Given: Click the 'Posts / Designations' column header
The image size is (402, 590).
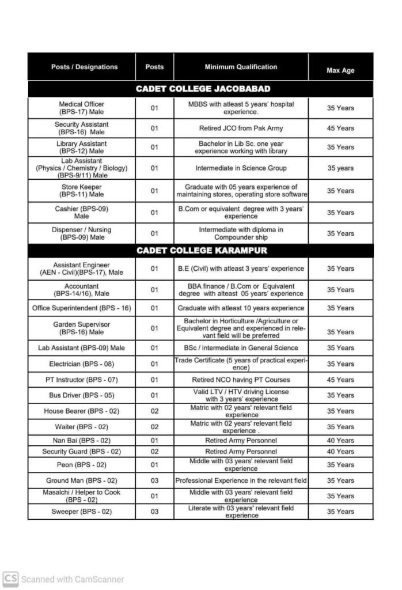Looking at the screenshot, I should (84, 67).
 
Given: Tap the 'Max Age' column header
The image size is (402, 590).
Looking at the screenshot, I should (340, 70).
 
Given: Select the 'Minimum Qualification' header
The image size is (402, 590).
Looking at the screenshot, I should (241, 67).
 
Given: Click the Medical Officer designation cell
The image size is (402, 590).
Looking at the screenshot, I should (82, 108).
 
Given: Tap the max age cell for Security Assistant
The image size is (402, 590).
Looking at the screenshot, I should (340, 128).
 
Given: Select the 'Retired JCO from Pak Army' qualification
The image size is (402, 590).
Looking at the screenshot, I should (241, 128).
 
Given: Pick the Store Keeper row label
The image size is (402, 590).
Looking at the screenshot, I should (82, 191).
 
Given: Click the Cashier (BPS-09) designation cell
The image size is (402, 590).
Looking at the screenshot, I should (82, 212).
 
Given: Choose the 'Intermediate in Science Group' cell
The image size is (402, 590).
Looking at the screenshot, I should (241, 168).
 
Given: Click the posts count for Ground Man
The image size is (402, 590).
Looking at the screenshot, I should (154, 481).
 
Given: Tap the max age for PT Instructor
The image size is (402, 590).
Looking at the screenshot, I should (340, 380).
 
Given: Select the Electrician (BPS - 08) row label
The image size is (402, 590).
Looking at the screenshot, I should (82, 364).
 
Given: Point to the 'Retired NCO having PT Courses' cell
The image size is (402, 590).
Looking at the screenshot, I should (241, 380).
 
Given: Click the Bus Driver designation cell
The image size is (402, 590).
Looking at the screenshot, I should (82, 395).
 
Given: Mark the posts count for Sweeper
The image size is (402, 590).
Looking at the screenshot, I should (154, 512).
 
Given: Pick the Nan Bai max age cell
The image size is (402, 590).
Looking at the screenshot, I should (340, 441).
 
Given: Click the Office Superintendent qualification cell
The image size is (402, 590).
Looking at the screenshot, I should (241, 308).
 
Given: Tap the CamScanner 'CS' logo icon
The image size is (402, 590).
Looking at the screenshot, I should (10, 579).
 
